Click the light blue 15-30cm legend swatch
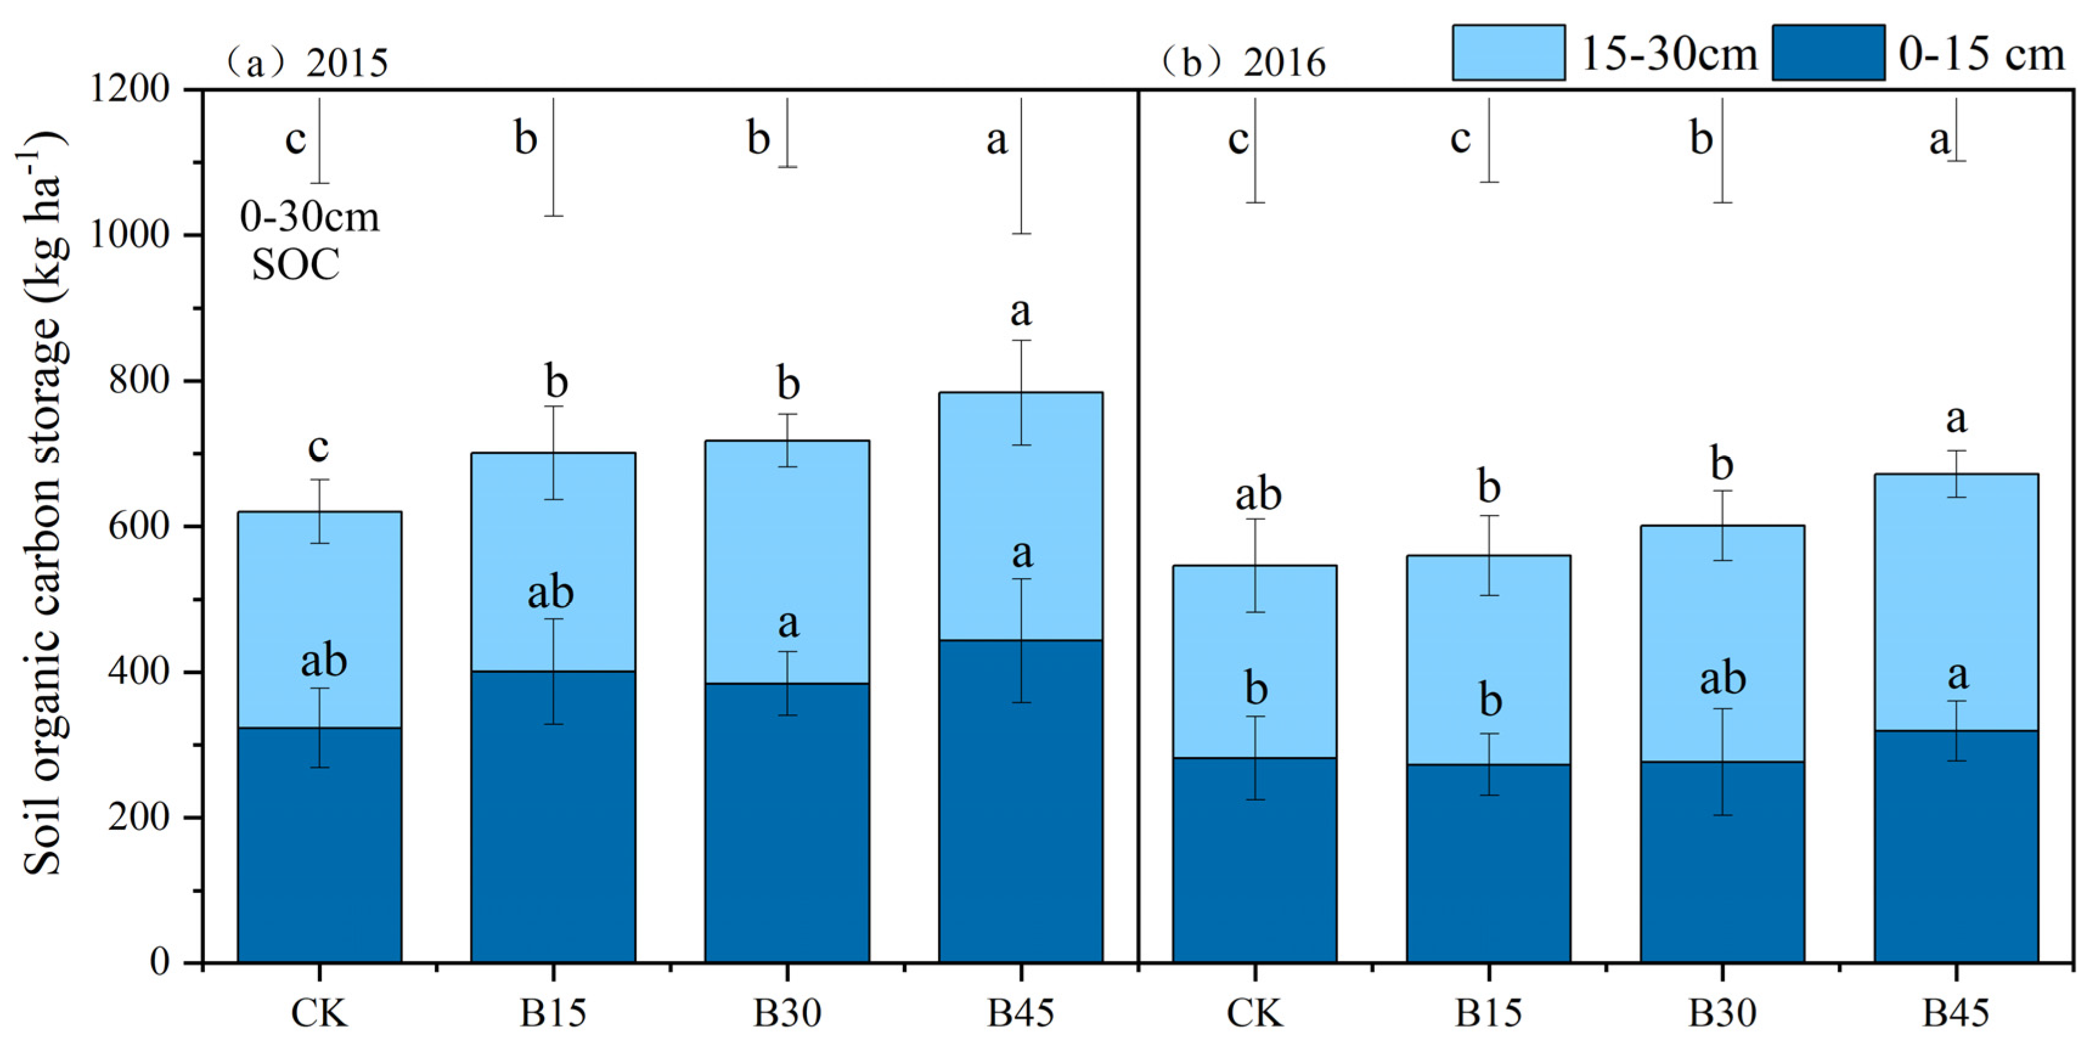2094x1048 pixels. (x=1508, y=53)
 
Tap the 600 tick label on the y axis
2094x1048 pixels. (x=138, y=526)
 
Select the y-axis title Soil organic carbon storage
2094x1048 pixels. (x=43, y=504)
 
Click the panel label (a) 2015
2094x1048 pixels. (x=307, y=63)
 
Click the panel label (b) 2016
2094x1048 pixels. (x=1244, y=63)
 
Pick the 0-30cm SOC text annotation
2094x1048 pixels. (x=309, y=241)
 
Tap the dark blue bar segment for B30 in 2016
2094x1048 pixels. (x=1722, y=862)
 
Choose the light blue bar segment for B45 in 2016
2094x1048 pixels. (x=1956, y=602)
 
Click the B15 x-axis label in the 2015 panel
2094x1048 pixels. (x=553, y=1013)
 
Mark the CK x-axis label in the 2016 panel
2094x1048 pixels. (x=1254, y=1013)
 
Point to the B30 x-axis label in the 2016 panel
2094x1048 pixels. (x=1722, y=1013)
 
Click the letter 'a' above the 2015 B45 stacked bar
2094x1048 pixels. (x=1020, y=311)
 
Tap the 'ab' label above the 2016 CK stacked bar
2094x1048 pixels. (x=1257, y=495)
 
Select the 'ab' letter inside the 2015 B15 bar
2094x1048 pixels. (x=550, y=593)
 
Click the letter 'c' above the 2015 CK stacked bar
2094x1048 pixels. (x=318, y=447)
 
